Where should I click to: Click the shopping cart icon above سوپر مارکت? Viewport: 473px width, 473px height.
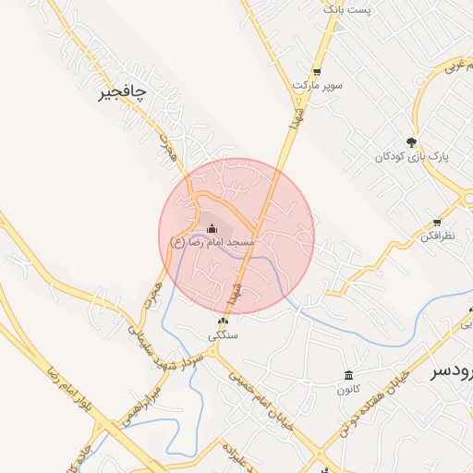[317, 71]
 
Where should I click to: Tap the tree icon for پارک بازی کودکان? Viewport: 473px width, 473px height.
[411, 142]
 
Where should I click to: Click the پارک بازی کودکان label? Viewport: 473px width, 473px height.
[411, 157]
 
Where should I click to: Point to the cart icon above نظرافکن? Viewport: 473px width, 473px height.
[436, 223]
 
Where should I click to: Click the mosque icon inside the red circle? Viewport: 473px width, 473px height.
[212, 227]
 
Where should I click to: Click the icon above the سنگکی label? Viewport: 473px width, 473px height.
[223, 321]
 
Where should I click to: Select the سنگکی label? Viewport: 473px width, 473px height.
[223, 335]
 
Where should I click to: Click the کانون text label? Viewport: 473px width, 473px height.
[347, 389]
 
